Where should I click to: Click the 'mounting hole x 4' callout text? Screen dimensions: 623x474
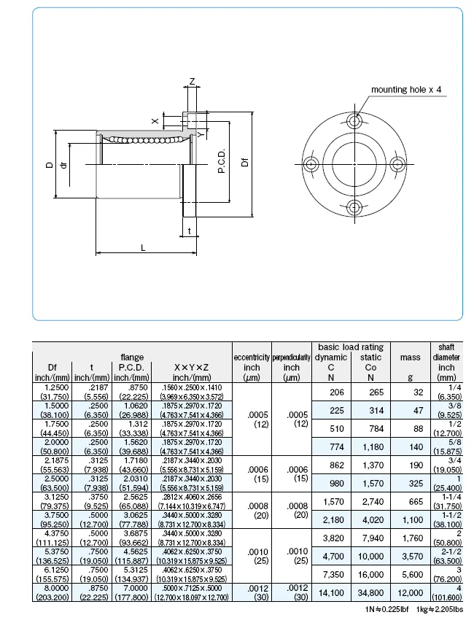click(x=406, y=90)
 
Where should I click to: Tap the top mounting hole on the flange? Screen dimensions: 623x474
click(x=354, y=119)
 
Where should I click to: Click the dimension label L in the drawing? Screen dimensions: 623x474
click(x=143, y=248)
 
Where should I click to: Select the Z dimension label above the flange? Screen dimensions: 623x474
click(x=192, y=80)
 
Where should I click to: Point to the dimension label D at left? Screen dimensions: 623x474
click(x=49, y=166)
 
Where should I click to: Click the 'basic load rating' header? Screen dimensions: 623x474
click(x=351, y=347)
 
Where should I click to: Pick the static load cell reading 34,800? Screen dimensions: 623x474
click(x=370, y=594)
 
